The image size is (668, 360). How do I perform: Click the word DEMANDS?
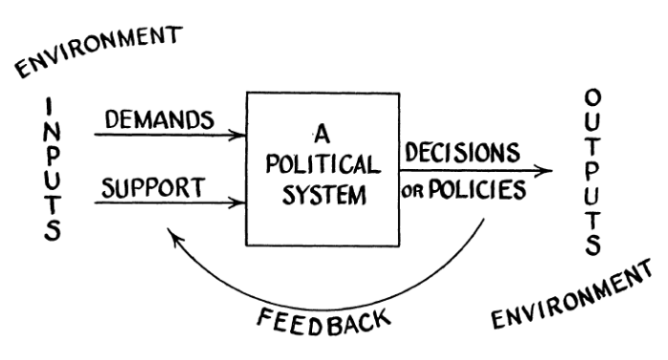click(x=159, y=119)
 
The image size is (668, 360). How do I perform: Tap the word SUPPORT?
click(x=154, y=188)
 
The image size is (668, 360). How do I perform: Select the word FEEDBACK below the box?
click(x=324, y=322)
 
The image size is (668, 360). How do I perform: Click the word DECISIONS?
click(x=463, y=152)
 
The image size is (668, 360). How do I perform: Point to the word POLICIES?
click(x=477, y=190)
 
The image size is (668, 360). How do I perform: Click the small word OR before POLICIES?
click(x=413, y=192)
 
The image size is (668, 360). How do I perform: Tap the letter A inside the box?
click(x=323, y=134)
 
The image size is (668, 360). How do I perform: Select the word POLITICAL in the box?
click(x=323, y=164)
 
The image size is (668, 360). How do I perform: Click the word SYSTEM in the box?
click(x=324, y=196)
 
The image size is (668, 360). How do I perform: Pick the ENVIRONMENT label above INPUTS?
click(x=99, y=51)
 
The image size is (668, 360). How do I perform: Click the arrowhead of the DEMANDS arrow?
click(x=239, y=136)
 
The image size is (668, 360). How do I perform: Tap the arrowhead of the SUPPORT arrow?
click(x=239, y=202)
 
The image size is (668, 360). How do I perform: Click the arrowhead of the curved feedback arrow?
click(x=174, y=236)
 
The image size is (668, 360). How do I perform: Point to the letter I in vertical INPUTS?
click(x=50, y=107)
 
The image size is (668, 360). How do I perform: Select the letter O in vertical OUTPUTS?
click(x=593, y=97)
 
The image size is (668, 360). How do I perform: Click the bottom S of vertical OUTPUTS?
click(x=593, y=245)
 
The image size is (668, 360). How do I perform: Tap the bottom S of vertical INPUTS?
click(x=52, y=231)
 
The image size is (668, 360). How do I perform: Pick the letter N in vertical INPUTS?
click(x=52, y=133)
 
